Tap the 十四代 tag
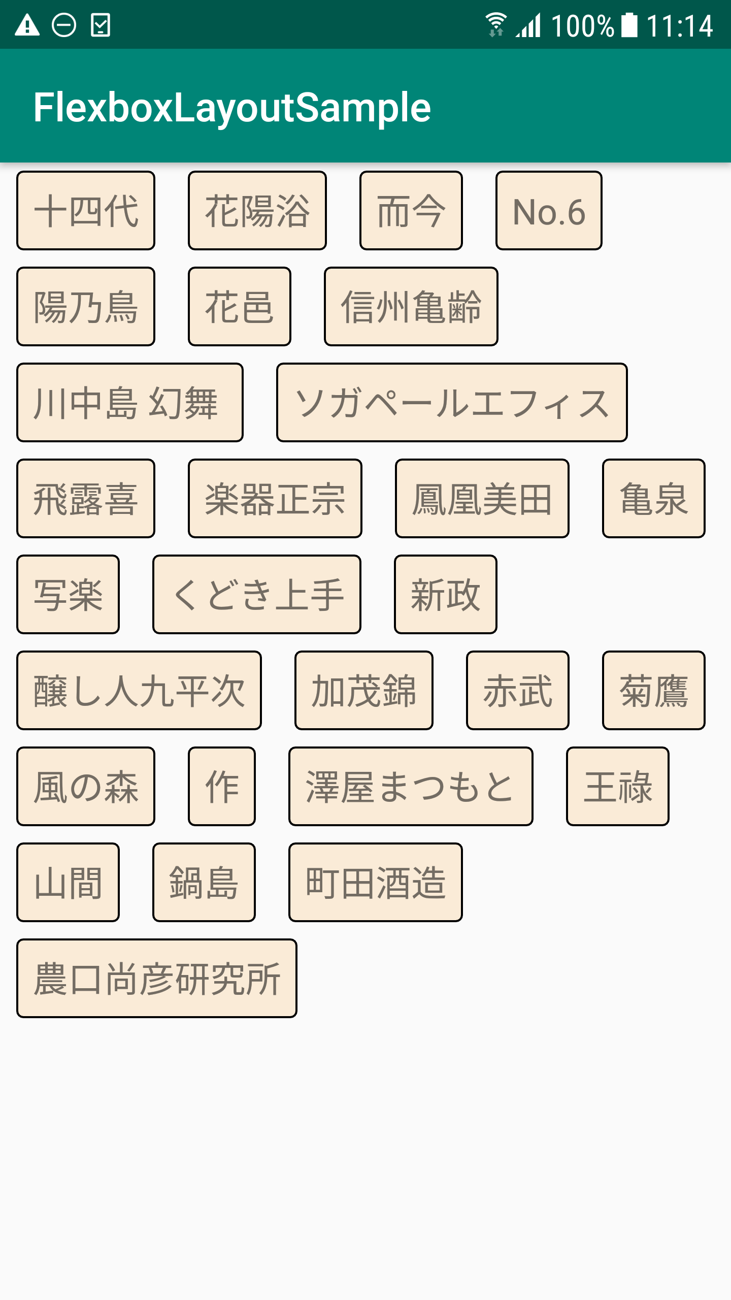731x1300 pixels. click(x=86, y=210)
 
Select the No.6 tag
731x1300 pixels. click(x=549, y=210)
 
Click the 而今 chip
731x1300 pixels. click(x=411, y=210)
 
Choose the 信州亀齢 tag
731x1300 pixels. click(x=411, y=306)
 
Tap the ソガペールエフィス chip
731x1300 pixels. click(x=452, y=402)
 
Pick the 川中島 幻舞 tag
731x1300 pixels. click(x=129, y=402)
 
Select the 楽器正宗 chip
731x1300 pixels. click(x=275, y=498)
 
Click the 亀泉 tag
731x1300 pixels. click(x=653, y=498)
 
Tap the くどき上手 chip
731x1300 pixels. click(x=256, y=594)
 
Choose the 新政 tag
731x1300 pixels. click(x=445, y=594)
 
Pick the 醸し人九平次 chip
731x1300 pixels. click(x=139, y=690)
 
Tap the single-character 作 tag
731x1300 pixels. click(x=221, y=786)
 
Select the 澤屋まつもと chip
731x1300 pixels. click(x=411, y=786)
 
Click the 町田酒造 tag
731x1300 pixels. click(x=375, y=882)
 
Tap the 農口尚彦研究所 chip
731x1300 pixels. click(x=156, y=978)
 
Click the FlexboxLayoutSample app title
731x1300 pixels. click(x=232, y=107)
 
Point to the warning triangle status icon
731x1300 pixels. click(x=27, y=25)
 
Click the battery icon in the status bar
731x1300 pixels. click(x=629, y=25)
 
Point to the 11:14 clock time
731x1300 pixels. click(x=680, y=25)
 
